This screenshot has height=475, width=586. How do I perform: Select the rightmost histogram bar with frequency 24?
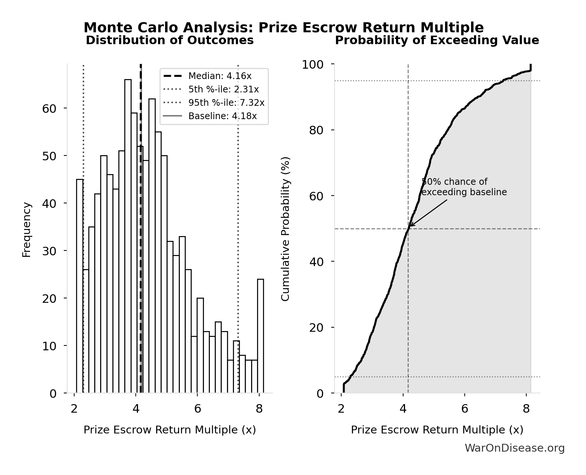(260, 336)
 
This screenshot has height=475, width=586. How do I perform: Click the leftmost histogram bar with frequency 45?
(80, 286)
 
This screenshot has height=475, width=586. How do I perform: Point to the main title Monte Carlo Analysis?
(284, 28)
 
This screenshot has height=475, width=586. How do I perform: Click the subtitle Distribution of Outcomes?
(170, 40)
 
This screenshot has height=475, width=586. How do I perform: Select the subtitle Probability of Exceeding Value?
(437, 40)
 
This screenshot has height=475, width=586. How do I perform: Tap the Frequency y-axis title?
(27, 229)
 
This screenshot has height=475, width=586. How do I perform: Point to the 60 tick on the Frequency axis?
(49, 108)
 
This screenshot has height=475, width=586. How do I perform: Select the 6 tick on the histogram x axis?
(198, 409)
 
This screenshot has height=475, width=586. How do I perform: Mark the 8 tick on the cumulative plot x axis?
(526, 409)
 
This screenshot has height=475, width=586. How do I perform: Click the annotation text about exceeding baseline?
(464, 187)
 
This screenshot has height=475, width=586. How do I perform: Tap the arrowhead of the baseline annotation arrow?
(410, 225)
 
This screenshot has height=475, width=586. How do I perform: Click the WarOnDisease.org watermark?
(514, 448)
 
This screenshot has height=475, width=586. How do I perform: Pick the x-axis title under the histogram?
(170, 430)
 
